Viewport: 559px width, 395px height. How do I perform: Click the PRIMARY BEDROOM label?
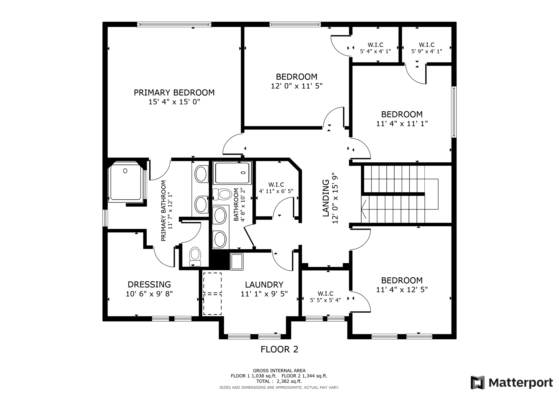point(174,92)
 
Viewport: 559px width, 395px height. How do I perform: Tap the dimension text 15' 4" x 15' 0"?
point(174,102)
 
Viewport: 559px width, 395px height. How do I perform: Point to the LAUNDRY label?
point(264,285)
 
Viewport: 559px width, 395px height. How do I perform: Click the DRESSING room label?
point(149,284)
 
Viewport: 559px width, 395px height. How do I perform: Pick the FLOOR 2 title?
point(279,349)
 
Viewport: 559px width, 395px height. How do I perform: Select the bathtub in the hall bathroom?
point(232,173)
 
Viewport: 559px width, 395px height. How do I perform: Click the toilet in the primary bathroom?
point(195,256)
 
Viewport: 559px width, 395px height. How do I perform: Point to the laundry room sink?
point(237,261)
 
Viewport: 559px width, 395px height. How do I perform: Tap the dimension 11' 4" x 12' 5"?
point(402,290)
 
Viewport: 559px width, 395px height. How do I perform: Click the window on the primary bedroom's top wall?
point(174,25)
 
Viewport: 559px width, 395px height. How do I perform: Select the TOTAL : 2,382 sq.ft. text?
point(279,381)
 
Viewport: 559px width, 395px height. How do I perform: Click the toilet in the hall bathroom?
point(222,194)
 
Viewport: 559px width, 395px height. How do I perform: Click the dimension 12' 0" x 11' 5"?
point(297,86)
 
